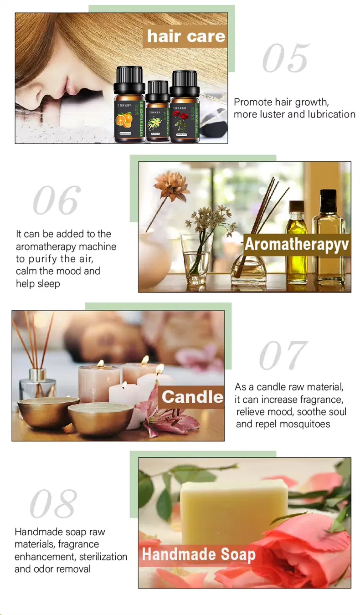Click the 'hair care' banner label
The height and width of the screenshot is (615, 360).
coord(186,36)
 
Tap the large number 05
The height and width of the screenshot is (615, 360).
coord(286,59)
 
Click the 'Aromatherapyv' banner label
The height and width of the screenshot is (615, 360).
coord(297,244)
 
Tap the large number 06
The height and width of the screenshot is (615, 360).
coord(57,200)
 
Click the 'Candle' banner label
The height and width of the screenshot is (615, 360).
coord(192,396)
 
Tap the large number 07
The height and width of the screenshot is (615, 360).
coord(283,355)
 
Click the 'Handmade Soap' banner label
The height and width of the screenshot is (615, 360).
coord(198,554)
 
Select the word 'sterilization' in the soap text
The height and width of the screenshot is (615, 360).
coord(103,557)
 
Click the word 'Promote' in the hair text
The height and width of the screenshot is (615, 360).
coord(252,102)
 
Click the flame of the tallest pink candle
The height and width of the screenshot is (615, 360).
coord(101,364)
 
